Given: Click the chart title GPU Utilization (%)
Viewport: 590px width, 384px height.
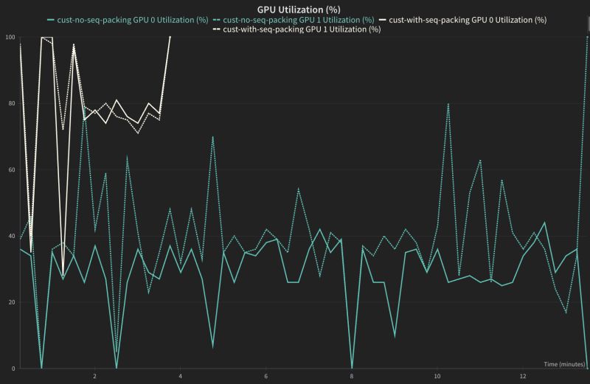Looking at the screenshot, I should click(x=295, y=7).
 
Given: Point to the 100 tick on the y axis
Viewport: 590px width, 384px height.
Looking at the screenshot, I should click(x=10, y=37).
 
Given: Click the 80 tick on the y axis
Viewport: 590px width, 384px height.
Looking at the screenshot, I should click(x=12, y=103).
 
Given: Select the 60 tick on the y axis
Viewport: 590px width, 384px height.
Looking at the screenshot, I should click(x=12, y=170).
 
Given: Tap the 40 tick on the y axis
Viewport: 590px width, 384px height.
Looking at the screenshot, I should click(x=12, y=236).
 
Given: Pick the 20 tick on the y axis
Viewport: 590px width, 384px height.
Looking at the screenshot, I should click(x=12, y=302).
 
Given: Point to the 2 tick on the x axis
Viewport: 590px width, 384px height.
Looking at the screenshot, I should click(x=94, y=377).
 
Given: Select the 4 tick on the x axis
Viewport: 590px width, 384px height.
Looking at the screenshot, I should click(x=180, y=377).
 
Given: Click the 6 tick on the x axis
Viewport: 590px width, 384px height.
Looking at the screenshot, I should click(x=265, y=377).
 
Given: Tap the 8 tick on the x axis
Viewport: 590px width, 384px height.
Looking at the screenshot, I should click(x=351, y=377).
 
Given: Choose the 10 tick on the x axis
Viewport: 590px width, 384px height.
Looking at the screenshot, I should click(x=437, y=377).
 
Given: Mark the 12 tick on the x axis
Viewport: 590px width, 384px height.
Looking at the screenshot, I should click(x=522, y=377).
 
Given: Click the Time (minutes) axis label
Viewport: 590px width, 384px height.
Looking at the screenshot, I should click(x=564, y=364).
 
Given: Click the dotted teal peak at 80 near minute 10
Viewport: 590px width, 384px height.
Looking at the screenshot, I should click(x=448, y=104).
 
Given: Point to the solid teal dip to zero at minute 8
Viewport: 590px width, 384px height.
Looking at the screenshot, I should click(x=352, y=368).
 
